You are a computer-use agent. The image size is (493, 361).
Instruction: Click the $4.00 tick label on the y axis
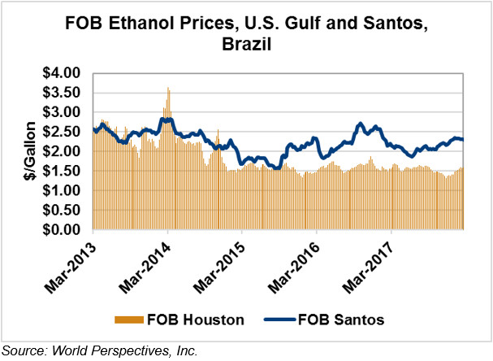63,73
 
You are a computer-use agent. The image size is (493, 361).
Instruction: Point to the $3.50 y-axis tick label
63,93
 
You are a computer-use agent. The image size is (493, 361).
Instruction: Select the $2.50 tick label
63,132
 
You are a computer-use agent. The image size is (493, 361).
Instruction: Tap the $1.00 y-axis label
63,190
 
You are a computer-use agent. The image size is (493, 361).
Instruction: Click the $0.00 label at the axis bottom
63,230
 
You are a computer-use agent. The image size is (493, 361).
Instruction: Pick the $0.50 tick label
63,211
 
